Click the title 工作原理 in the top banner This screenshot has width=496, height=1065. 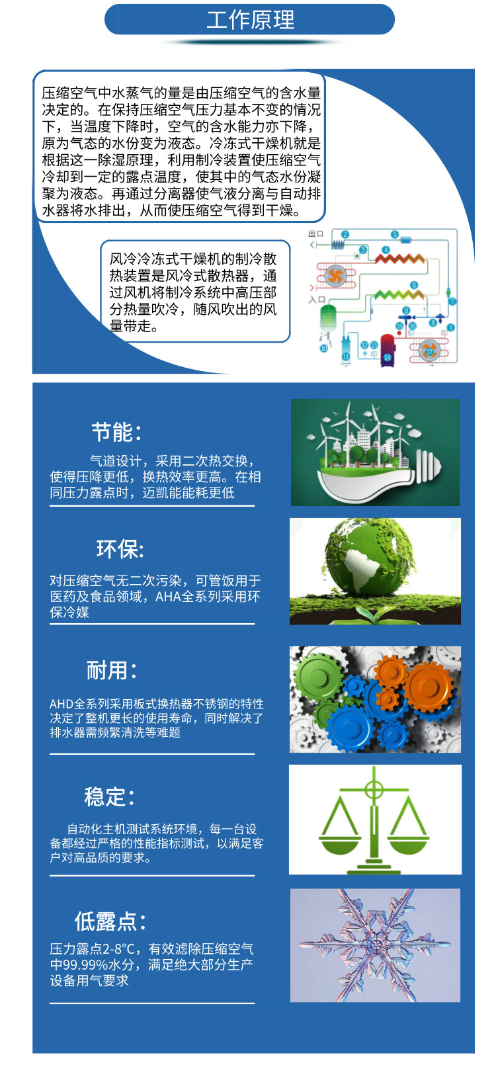click(250, 20)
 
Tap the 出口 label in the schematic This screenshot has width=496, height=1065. click(315, 234)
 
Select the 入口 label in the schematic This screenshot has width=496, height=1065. click(317, 300)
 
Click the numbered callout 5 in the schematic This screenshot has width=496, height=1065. click(395, 235)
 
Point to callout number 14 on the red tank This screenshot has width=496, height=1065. click(388, 357)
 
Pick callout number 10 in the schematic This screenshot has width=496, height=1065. click(323, 348)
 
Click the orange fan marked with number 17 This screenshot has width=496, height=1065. click(429, 351)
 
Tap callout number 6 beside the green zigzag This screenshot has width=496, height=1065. click(415, 285)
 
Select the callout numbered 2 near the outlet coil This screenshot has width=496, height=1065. click(345, 235)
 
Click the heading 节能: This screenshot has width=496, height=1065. click(116, 433)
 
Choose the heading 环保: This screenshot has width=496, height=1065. click(120, 549)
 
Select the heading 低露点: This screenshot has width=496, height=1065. click(110, 921)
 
